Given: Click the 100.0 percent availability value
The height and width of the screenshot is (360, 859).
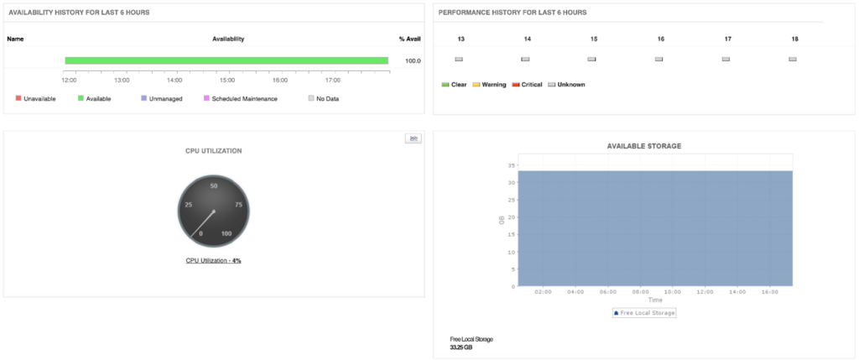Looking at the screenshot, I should (x=413, y=61).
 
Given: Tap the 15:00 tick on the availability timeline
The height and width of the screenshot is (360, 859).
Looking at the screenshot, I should (x=227, y=81).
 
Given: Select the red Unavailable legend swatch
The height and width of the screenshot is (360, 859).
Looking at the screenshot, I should (x=18, y=98).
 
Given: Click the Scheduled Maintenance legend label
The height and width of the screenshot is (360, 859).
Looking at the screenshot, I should (x=244, y=99).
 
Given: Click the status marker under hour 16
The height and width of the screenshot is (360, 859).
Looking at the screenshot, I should (x=659, y=60).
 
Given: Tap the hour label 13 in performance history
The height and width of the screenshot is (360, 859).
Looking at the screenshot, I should (x=461, y=39).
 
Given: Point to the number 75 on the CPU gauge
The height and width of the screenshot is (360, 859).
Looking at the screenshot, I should (x=239, y=204).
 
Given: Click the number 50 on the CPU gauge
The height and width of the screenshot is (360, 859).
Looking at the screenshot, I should (x=214, y=185).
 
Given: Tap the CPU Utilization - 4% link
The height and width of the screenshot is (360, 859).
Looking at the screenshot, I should (x=213, y=261).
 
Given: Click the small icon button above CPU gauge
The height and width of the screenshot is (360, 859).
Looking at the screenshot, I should (x=413, y=138).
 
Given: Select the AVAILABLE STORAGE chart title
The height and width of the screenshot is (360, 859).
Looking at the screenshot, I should (x=643, y=146).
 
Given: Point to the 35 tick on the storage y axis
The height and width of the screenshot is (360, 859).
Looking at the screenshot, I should (x=511, y=165).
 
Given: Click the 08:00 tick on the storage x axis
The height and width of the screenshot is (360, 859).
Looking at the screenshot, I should (x=641, y=292).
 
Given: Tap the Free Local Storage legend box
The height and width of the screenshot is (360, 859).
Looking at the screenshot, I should (x=643, y=313).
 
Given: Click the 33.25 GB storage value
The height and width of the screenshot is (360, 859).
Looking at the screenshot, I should (x=461, y=347).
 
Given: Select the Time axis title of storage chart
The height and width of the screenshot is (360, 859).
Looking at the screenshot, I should (x=655, y=300).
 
